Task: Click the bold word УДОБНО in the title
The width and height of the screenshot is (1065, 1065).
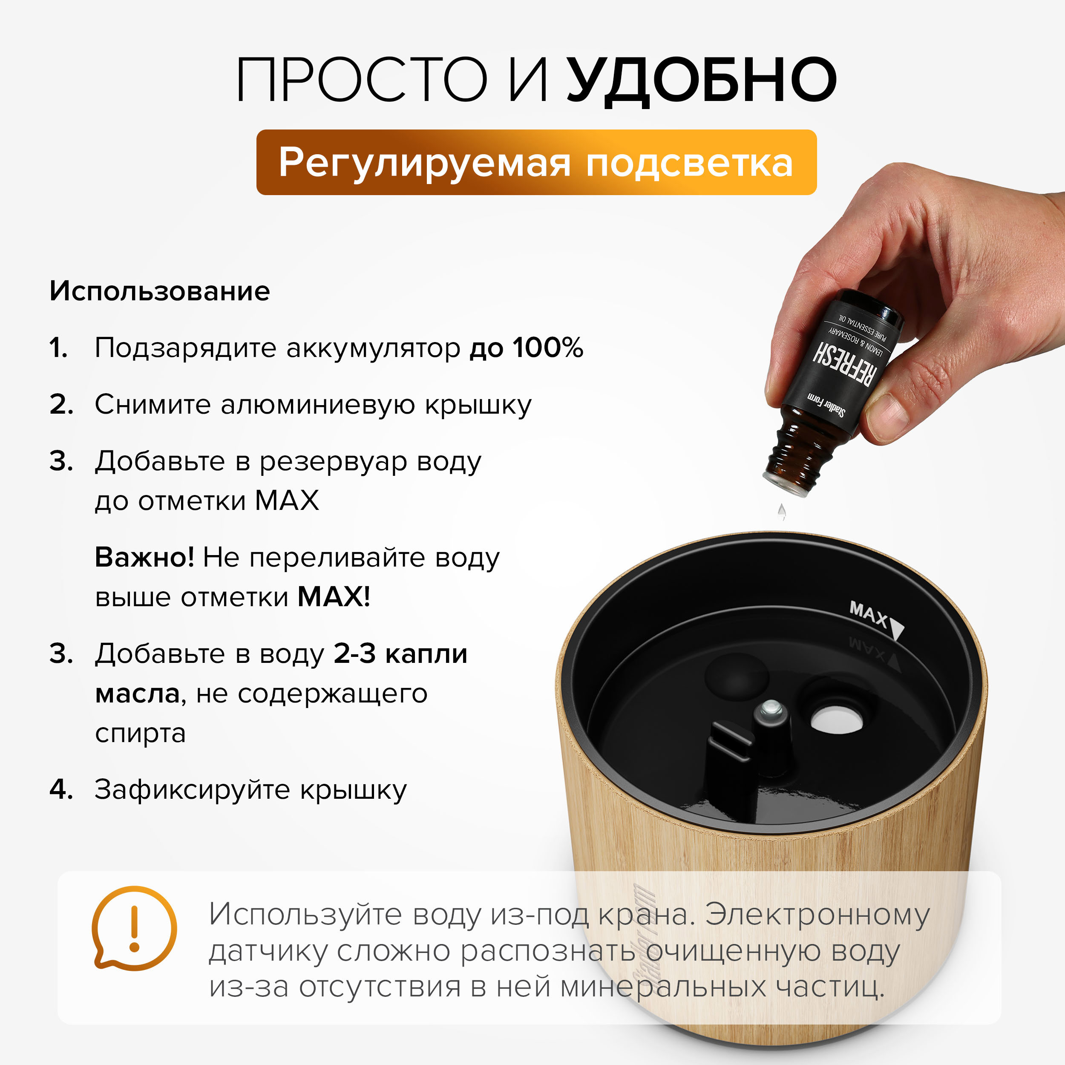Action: pyautogui.click(x=702, y=81)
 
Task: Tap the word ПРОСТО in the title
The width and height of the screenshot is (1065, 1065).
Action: pyautogui.click(x=362, y=81)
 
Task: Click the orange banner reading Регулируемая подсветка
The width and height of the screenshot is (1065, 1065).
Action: pyautogui.click(x=536, y=163)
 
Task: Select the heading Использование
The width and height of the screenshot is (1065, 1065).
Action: pyautogui.click(x=160, y=291)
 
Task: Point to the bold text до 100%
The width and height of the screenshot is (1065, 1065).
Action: pyautogui.click(x=527, y=348)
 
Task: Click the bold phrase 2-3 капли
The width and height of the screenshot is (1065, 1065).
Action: pyautogui.click(x=400, y=654)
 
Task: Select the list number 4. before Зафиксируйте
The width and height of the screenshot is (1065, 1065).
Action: pyautogui.click(x=61, y=789)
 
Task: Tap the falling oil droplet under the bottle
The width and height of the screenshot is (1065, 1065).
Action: pyautogui.click(x=781, y=512)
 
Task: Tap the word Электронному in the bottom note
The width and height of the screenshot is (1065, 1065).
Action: pyautogui.click(x=817, y=915)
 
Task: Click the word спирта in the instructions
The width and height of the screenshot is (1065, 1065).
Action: pyautogui.click(x=141, y=733)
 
